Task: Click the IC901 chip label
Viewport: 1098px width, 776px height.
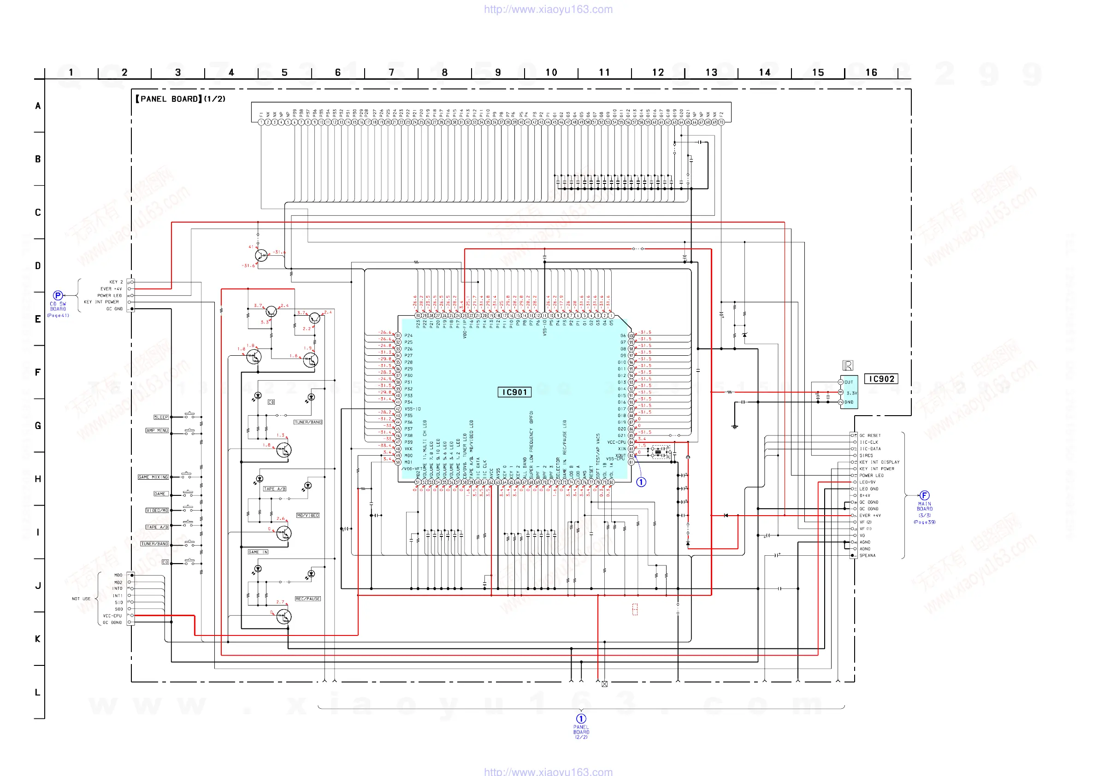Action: [514, 392]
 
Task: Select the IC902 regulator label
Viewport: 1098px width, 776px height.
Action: [881, 379]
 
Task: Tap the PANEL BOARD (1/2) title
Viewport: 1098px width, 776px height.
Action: [180, 99]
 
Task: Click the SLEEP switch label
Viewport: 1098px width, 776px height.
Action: [161, 417]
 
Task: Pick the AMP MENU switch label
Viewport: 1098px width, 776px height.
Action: [157, 430]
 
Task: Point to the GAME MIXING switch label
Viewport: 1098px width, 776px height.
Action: [153, 477]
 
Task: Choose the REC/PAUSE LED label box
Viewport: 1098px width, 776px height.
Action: [307, 599]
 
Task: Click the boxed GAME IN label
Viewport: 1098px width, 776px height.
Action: [258, 552]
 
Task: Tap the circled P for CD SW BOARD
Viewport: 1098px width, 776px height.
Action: [58, 295]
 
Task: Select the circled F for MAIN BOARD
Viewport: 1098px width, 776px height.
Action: [924, 495]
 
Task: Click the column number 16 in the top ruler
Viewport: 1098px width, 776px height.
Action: [871, 72]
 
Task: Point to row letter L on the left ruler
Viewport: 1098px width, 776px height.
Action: [37, 692]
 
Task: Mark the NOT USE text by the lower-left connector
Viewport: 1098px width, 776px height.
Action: [81, 599]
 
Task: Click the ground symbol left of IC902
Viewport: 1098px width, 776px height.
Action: [735, 425]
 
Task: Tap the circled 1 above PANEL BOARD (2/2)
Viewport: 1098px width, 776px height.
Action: [581, 718]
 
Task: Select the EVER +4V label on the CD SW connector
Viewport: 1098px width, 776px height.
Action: [111, 289]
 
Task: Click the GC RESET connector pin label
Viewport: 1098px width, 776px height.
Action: [870, 435]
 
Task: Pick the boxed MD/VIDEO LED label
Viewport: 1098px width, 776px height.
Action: [307, 516]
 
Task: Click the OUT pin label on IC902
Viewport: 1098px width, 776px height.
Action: [848, 382]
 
